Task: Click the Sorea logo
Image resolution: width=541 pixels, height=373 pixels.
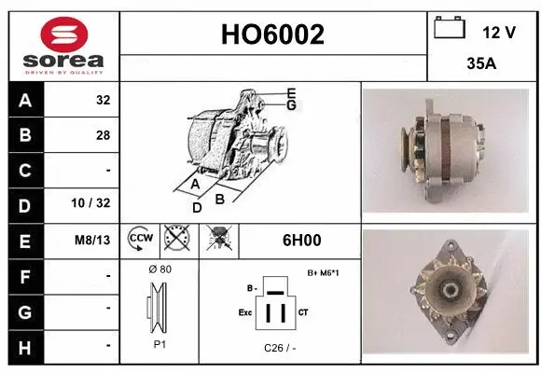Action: [64, 44]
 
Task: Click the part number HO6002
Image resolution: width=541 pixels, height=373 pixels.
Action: [273, 35]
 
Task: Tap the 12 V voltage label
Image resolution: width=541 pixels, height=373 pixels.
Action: [499, 32]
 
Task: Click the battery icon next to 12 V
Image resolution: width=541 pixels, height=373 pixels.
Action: [450, 29]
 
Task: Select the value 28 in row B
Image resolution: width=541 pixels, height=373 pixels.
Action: [103, 135]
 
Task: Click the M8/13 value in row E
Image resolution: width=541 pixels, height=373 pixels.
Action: [93, 241]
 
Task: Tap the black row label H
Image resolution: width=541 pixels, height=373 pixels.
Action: [24, 345]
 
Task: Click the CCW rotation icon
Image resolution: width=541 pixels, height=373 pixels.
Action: [140, 241]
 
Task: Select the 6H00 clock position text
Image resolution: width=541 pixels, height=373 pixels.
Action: [301, 241]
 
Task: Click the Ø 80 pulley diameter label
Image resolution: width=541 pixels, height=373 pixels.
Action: [160, 269]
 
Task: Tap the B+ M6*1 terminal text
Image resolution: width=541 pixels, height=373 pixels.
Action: [322, 272]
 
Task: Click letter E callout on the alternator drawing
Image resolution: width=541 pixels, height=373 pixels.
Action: [291, 92]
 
